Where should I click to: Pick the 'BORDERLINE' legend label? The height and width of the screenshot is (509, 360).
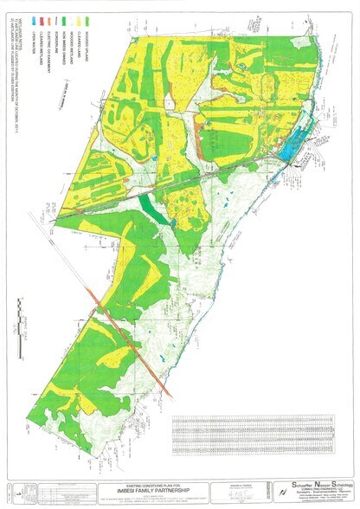tap(56, 42)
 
